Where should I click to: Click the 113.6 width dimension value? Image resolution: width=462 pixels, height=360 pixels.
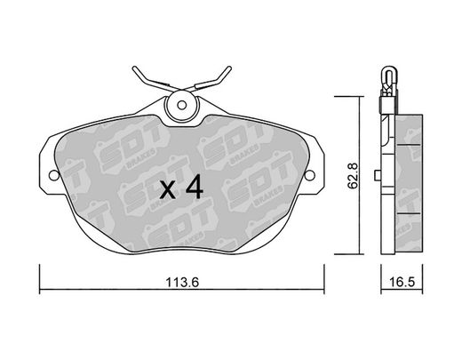(182, 283)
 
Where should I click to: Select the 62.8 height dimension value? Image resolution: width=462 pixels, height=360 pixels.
(353, 176)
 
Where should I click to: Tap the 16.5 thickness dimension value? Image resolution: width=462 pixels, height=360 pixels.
(402, 283)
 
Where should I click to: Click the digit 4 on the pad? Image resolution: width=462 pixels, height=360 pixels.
(195, 187)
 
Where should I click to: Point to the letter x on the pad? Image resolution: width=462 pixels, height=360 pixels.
(168, 189)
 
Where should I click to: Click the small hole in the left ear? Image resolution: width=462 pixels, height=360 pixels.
(54, 175)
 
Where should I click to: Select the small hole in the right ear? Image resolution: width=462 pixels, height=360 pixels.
(309, 175)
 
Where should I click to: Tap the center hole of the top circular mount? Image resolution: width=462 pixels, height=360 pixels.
(181, 105)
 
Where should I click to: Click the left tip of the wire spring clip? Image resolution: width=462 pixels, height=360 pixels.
(134, 68)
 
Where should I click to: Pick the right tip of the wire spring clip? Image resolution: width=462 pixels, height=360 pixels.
(229, 68)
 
